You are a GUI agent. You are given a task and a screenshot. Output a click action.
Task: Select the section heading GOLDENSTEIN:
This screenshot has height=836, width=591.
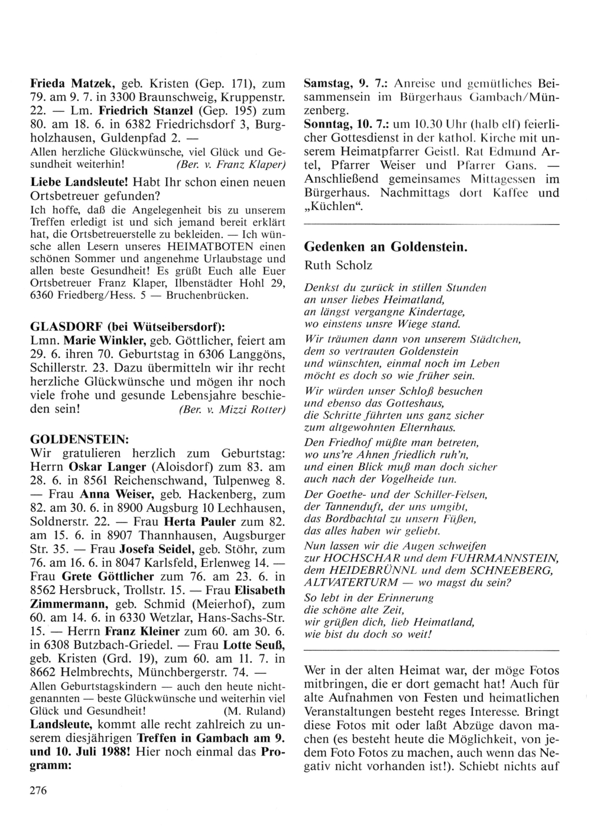(x=77, y=440)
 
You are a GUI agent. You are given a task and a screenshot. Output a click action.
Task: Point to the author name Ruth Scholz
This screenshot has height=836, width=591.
(x=339, y=266)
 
